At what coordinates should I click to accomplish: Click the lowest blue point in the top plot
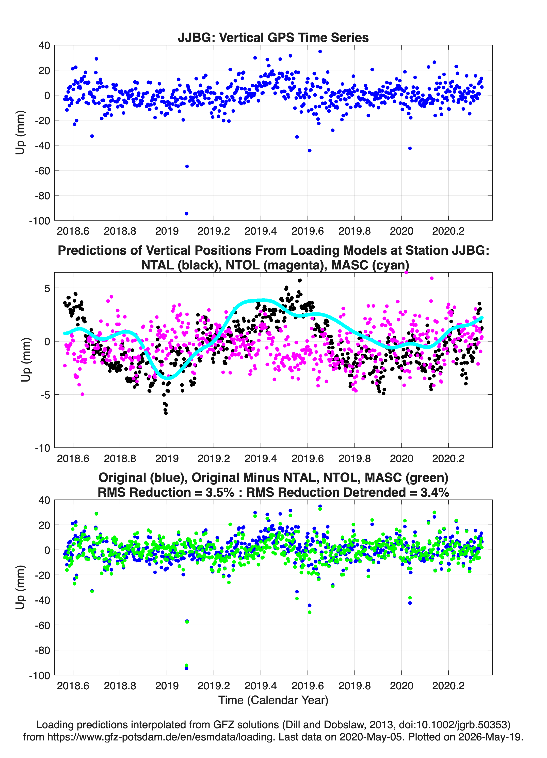pos(186,214)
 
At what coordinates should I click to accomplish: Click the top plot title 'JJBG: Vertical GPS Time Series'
pos(273,37)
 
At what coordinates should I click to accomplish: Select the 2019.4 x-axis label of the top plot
pos(261,231)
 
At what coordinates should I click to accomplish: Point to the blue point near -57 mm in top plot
pos(187,166)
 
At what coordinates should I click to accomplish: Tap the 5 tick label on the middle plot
pos(47,288)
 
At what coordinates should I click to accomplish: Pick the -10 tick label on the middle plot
pos(43,448)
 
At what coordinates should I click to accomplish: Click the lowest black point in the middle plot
pos(166,413)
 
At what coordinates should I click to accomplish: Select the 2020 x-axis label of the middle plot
pos(401,458)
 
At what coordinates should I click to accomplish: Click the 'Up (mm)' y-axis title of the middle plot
pos(26,360)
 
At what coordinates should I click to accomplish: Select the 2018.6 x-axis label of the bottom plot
pos(73,686)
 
